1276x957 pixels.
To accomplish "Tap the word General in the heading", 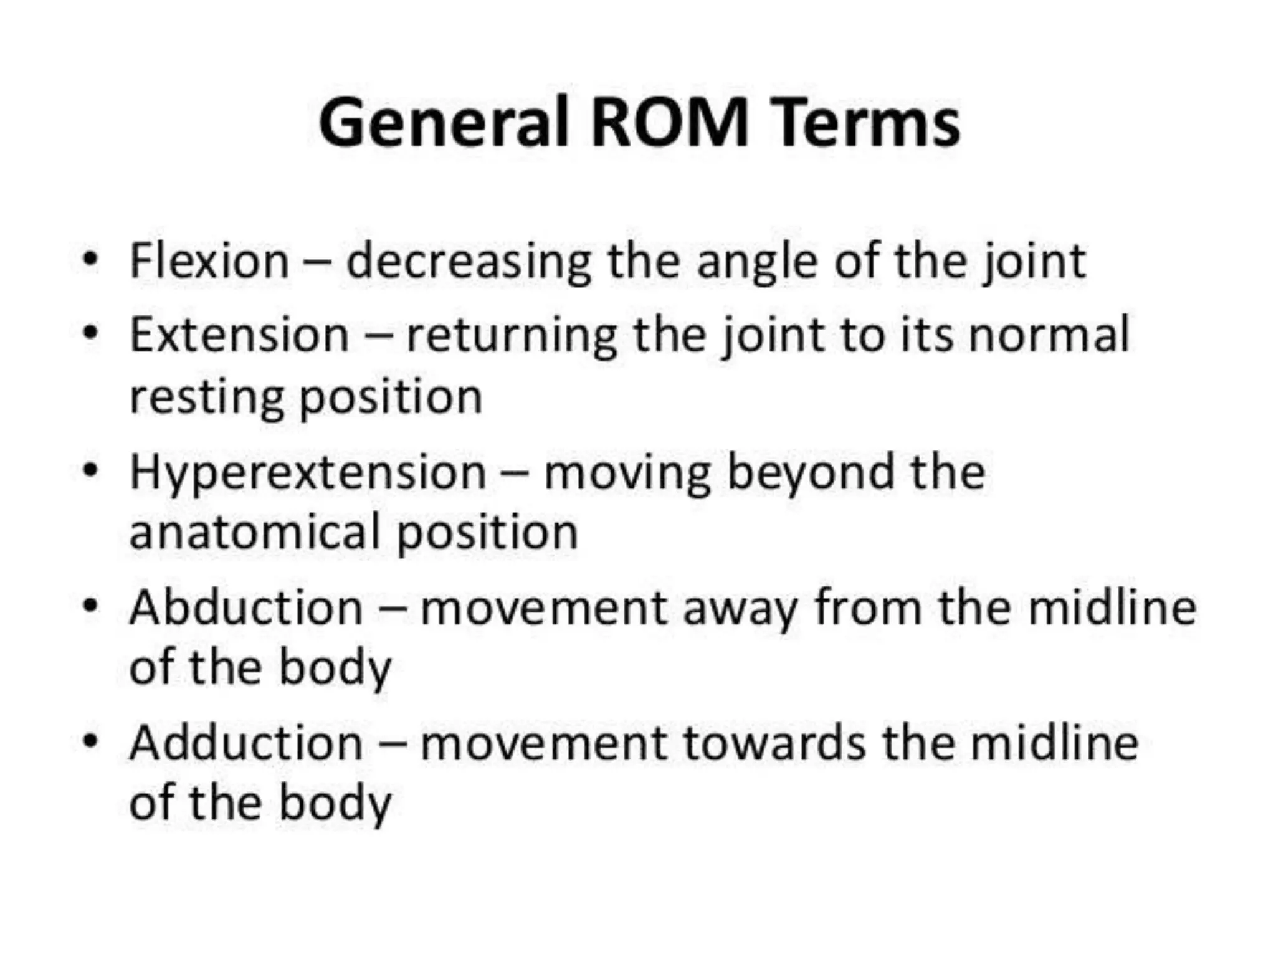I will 444,122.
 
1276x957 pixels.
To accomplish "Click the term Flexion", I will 209,260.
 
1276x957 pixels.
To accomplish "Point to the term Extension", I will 239,335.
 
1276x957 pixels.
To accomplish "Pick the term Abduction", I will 246,607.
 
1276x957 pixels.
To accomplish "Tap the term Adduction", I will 246,743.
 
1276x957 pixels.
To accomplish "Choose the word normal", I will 1049,335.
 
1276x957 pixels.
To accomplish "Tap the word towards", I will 774,743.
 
